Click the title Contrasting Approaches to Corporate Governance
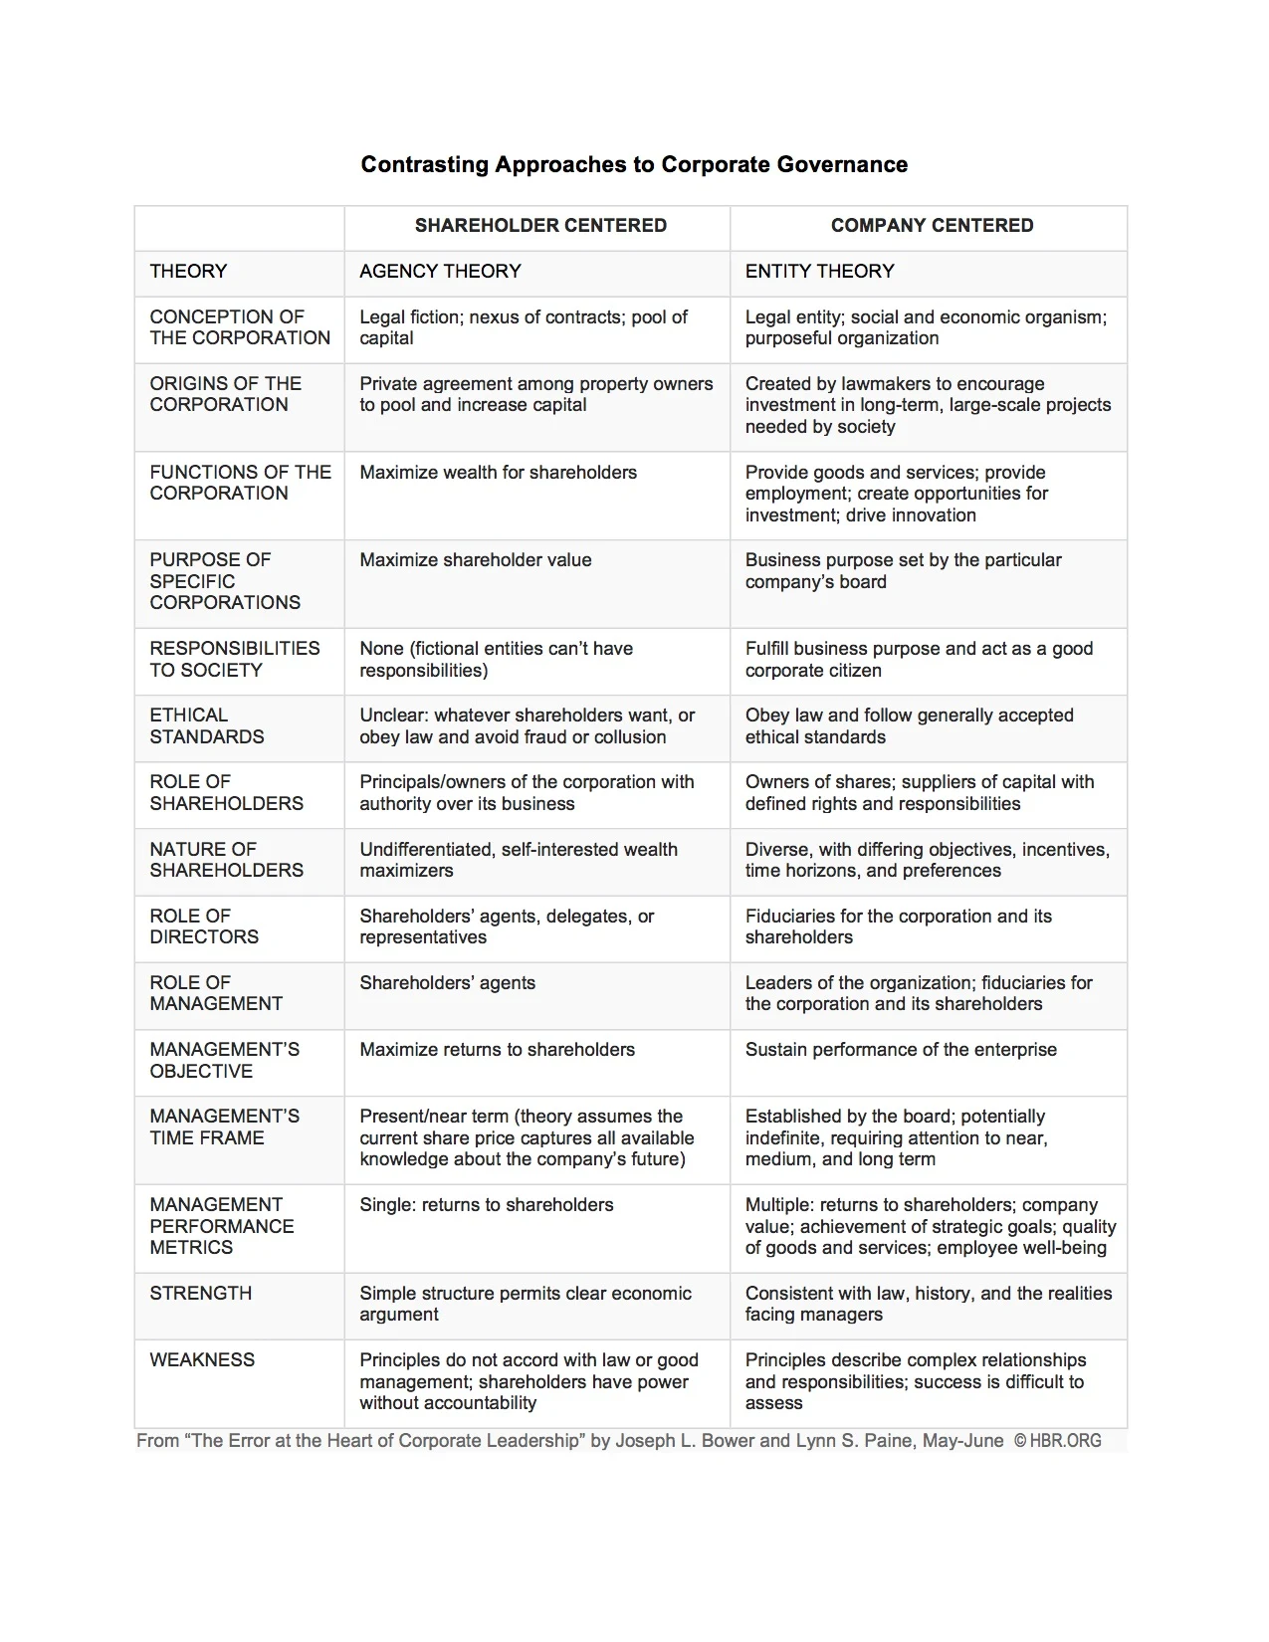634,164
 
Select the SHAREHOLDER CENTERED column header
540,226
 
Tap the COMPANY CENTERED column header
932,226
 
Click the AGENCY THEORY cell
440,272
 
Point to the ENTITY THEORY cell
819,272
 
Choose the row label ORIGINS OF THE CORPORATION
225,394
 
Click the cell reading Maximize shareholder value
476,560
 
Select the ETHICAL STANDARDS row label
207,725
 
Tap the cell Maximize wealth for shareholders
498,473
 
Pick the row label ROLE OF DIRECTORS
204,926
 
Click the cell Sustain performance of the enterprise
901,1050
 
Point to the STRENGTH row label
201,1294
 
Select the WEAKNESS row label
202,1360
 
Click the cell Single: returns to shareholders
487,1205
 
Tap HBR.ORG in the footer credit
1066,1441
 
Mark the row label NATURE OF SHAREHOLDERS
226,860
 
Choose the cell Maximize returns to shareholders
497,1050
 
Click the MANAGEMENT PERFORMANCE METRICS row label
222,1226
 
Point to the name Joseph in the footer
646,1441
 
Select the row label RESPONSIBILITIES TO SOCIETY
235,659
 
